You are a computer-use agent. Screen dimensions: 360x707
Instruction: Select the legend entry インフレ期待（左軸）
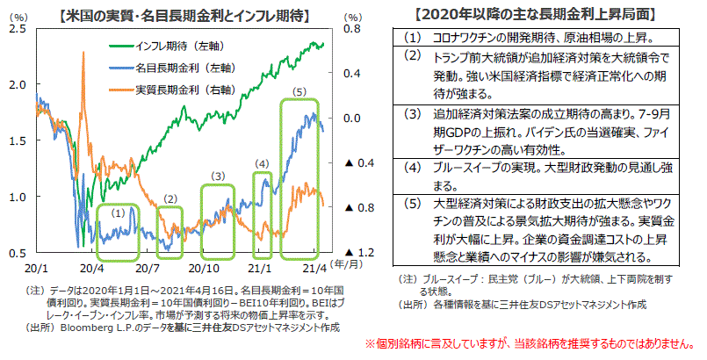tap(176, 45)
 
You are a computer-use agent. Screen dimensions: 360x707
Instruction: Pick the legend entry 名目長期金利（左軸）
tap(176, 67)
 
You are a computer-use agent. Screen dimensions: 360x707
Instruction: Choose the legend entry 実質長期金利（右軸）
tap(176, 89)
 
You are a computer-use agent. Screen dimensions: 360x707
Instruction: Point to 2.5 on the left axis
tap(17, 29)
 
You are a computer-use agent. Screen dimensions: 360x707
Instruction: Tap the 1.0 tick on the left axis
tap(17, 197)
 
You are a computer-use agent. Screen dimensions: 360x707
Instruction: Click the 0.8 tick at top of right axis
tap(351, 29)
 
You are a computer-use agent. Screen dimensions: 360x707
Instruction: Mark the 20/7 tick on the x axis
tap(146, 265)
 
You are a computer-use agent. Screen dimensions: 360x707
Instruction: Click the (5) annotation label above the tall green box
tap(299, 91)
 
